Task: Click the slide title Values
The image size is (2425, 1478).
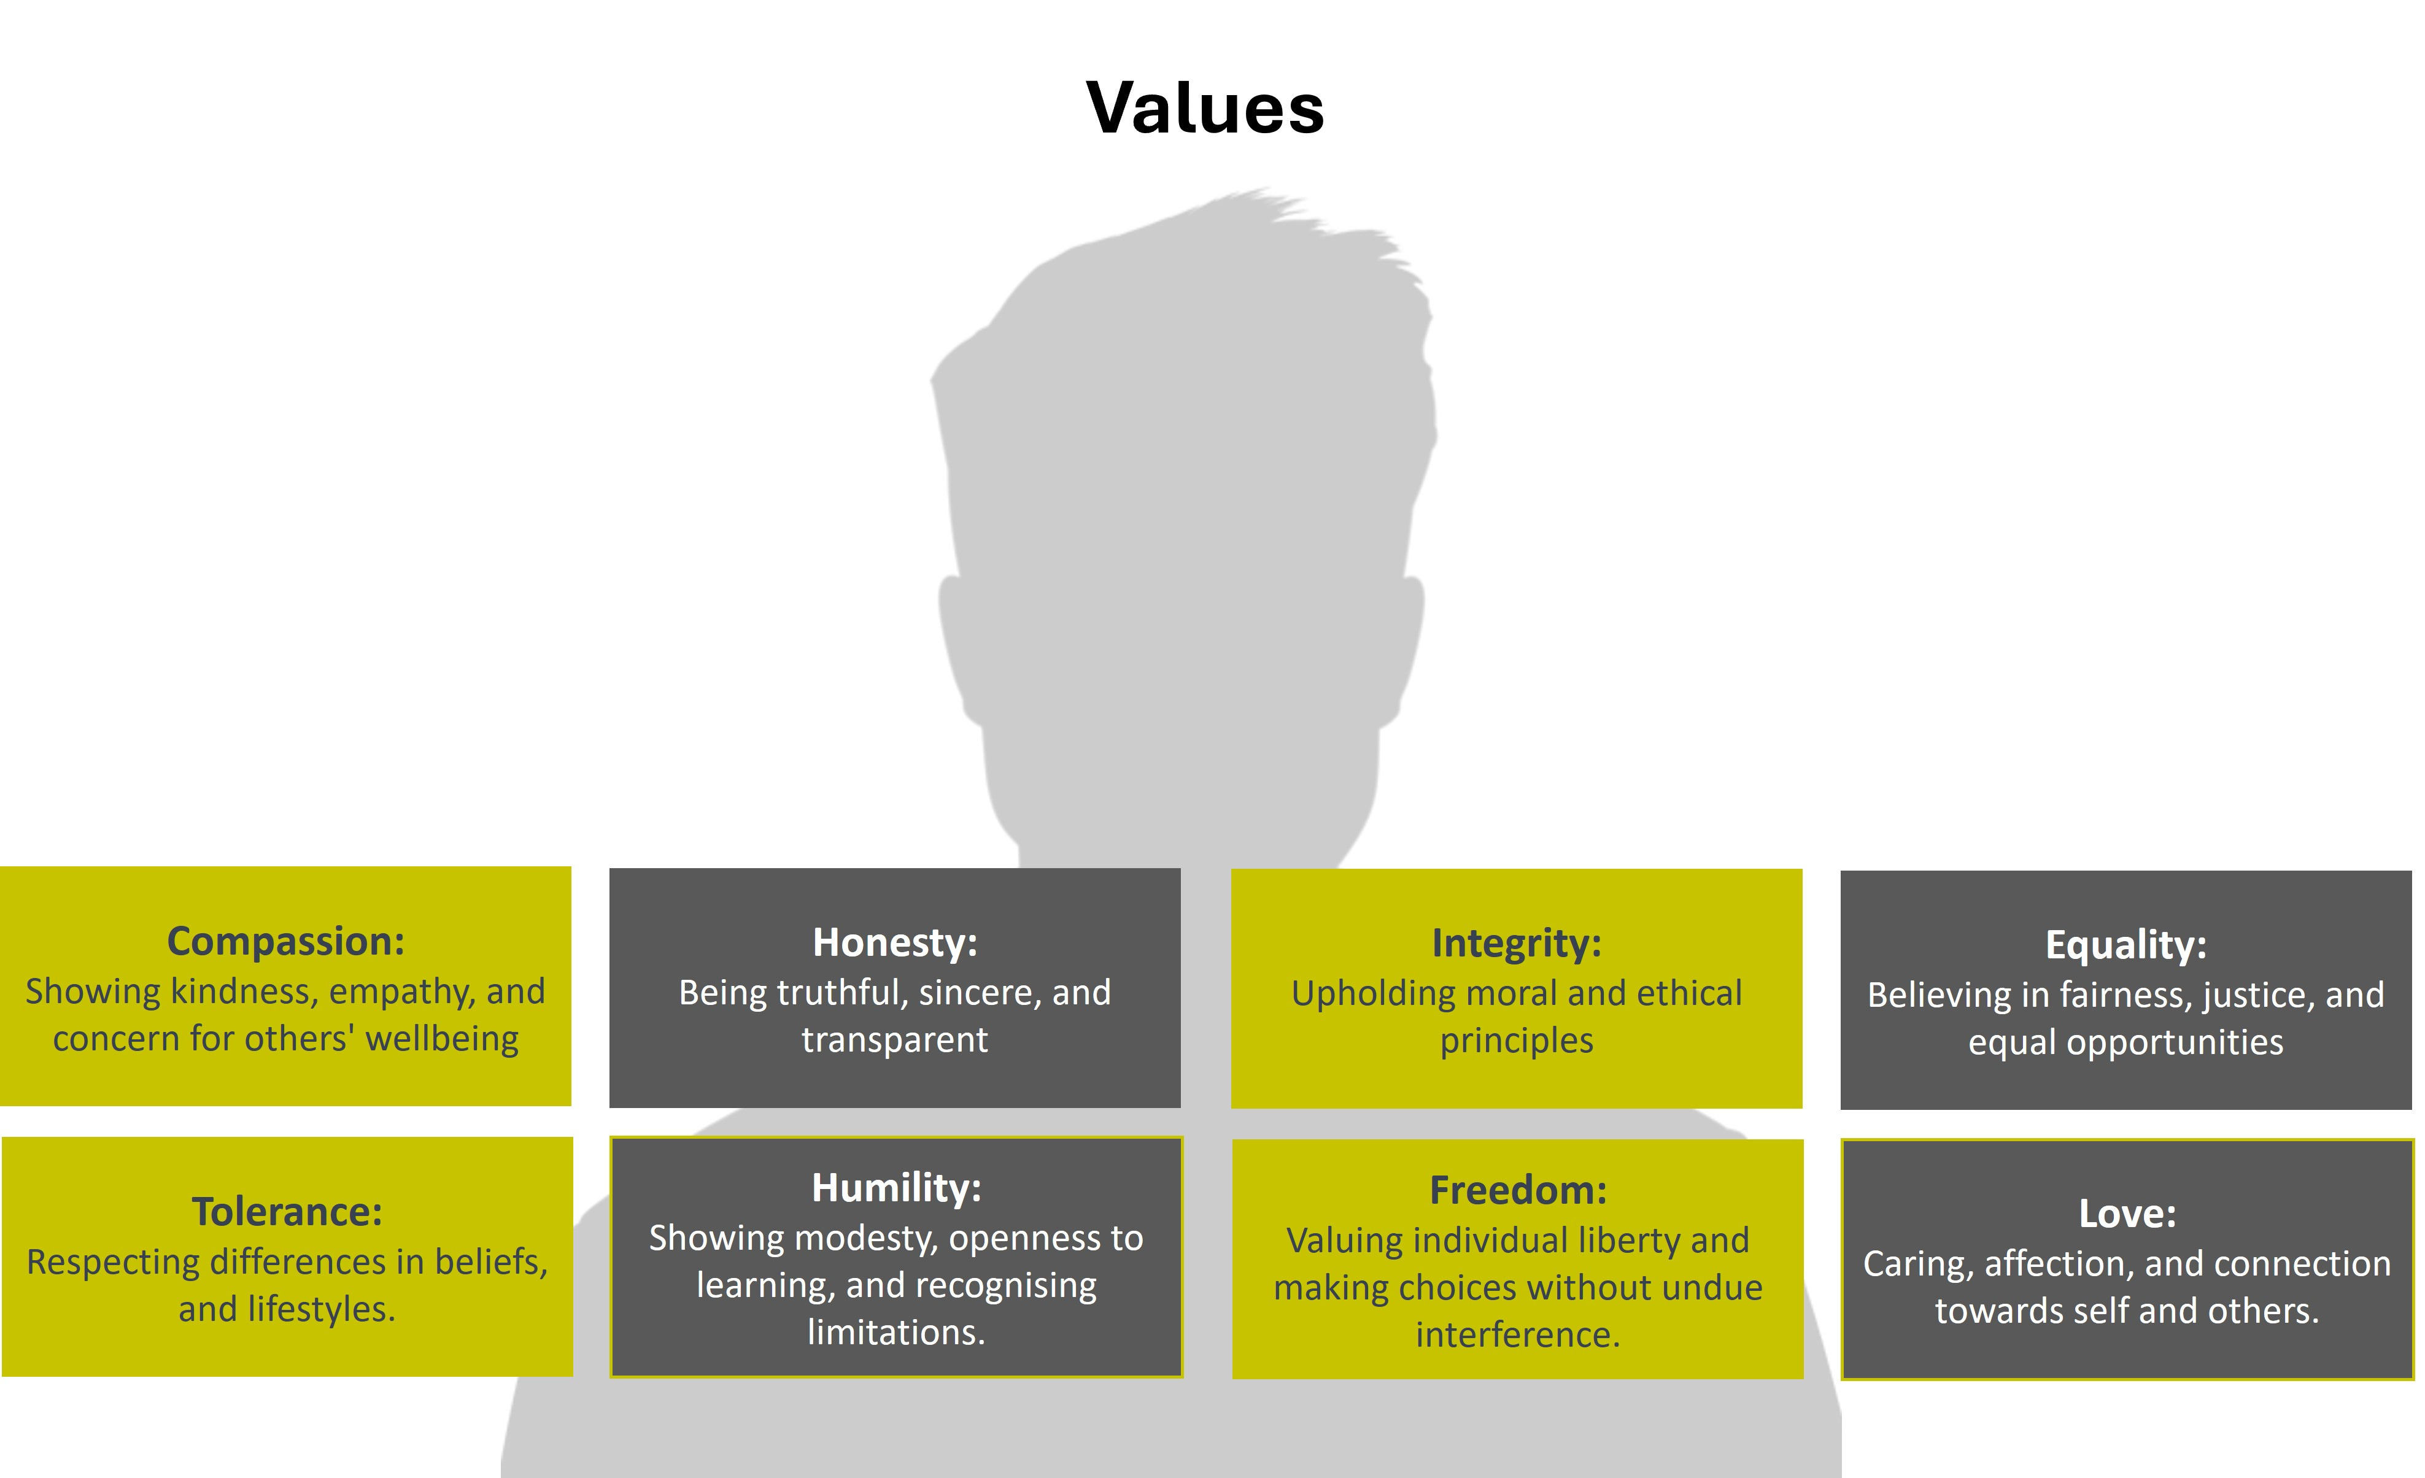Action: pos(1205,107)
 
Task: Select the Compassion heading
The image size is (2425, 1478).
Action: pos(285,942)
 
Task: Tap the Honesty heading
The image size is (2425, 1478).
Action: pos(895,942)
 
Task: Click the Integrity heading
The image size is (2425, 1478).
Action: pos(1517,944)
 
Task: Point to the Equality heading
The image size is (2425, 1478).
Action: pos(2126,945)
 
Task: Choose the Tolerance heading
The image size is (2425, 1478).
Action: pos(287,1212)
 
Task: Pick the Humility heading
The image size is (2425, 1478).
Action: pos(895,1188)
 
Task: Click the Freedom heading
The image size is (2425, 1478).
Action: pos(1518,1191)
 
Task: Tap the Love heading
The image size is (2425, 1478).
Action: pos(2127,1214)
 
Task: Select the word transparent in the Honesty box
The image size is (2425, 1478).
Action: pos(895,1040)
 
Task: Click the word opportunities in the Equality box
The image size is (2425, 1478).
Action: pos(2174,1042)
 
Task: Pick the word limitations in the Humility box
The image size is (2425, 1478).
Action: pos(895,1333)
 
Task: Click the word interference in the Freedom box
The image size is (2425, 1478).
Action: pos(1518,1335)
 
